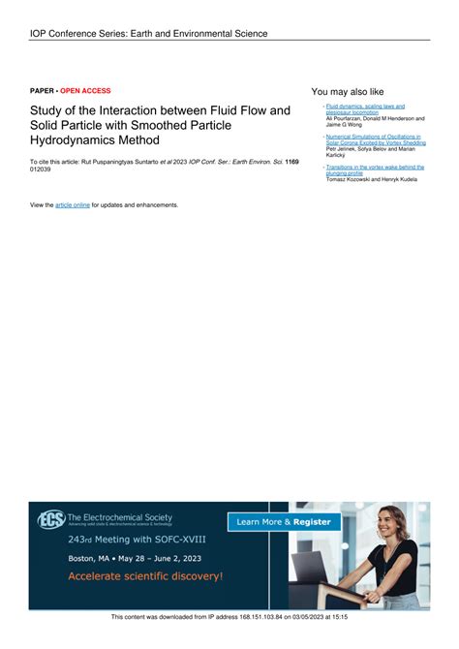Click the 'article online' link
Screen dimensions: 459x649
click(73, 205)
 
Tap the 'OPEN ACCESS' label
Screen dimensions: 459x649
click(86, 90)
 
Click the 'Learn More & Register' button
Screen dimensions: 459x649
click(285, 522)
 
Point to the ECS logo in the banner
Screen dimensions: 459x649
click(50, 520)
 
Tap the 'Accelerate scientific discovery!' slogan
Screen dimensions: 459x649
click(145, 576)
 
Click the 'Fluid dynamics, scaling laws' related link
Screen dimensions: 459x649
click(365, 106)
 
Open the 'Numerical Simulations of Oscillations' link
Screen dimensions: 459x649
click(374, 137)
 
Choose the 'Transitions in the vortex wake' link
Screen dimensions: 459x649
click(375, 167)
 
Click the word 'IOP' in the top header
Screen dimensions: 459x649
click(40, 34)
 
